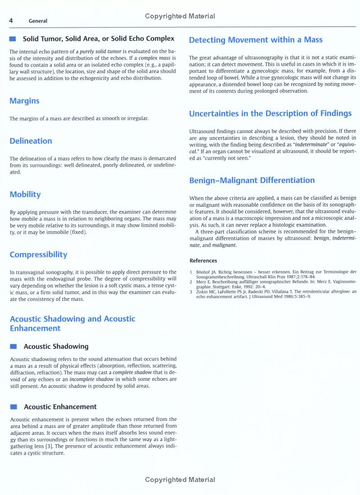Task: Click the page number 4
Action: tap(11, 21)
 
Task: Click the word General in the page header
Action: tap(38, 21)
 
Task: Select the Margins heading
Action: tap(24, 101)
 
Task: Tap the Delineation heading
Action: tap(31, 141)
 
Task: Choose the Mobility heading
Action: tap(25, 195)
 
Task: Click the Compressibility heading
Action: tap(38, 255)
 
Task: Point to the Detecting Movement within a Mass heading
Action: tap(256, 40)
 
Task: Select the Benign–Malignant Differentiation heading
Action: tap(252, 181)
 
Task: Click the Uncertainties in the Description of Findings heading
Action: tap(270, 114)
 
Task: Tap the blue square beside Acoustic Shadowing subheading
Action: tap(13, 347)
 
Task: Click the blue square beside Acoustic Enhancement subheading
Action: tap(13, 407)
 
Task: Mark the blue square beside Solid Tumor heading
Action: tap(13, 39)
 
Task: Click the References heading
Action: tap(203, 261)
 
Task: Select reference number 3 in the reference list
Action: tap(191, 291)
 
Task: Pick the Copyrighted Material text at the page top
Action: tap(180, 16)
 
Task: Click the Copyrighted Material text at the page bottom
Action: tap(180, 480)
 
